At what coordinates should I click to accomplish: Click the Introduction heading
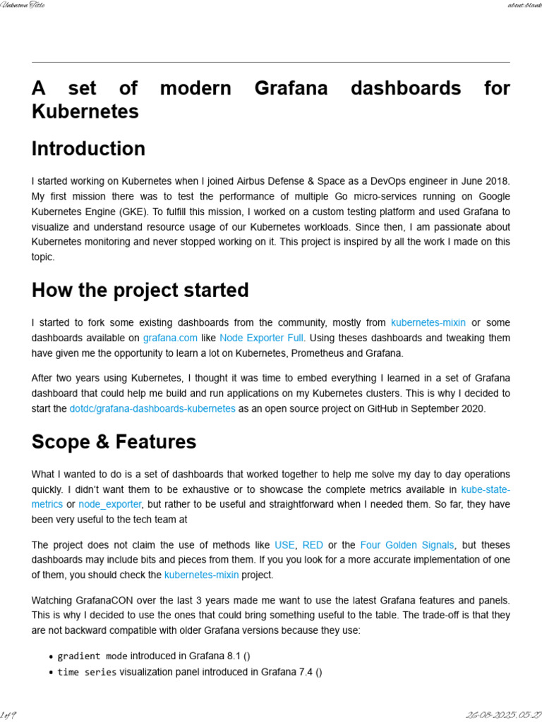88,149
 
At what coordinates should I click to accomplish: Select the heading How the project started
140,290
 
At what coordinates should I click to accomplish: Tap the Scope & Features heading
114,442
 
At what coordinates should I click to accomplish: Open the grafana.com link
170,338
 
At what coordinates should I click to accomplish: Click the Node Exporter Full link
261,338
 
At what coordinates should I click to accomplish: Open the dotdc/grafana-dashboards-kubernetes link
152,408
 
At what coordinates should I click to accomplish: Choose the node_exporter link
110,504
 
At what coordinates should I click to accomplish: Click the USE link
284,545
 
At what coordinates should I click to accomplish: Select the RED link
313,545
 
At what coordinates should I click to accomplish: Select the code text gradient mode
92,656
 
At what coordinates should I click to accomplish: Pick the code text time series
87,672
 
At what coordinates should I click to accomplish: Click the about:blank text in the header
524,6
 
